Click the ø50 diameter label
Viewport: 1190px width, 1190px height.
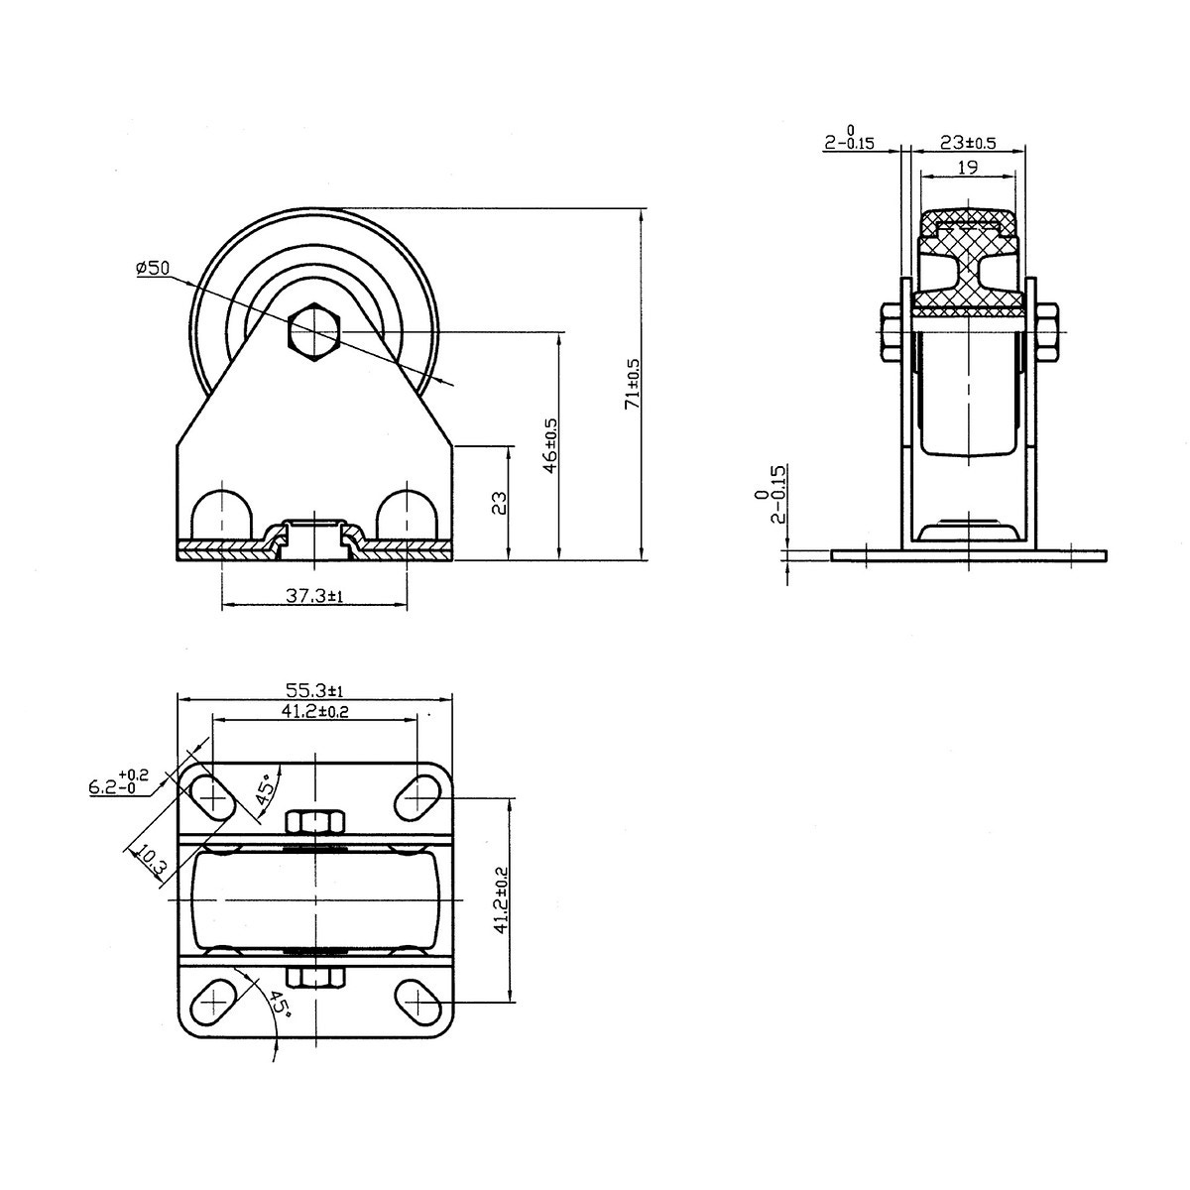tap(152, 268)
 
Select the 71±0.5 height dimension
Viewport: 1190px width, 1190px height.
tap(634, 384)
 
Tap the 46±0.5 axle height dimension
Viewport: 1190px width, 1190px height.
tap(550, 446)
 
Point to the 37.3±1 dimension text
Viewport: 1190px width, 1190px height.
tap(313, 596)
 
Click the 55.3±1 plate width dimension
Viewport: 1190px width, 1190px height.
tap(313, 689)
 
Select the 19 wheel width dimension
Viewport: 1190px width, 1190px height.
tap(967, 167)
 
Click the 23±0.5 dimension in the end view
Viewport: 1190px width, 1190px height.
tap(968, 143)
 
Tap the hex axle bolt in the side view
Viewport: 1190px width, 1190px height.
tap(313, 331)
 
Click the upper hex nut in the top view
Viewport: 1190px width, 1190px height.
tap(314, 822)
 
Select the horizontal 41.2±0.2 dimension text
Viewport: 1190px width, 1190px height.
tap(315, 711)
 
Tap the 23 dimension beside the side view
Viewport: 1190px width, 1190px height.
tap(500, 503)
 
